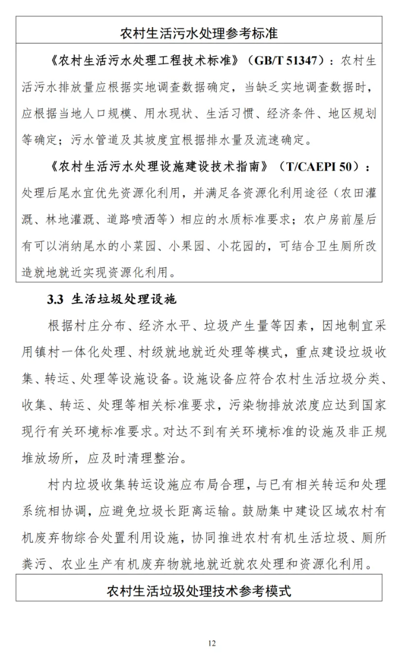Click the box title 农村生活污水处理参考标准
[x=198, y=33]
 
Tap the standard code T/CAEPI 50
[x=320, y=166]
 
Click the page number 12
[x=212, y=643]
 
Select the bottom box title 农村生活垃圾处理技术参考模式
[x=198, y=591]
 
